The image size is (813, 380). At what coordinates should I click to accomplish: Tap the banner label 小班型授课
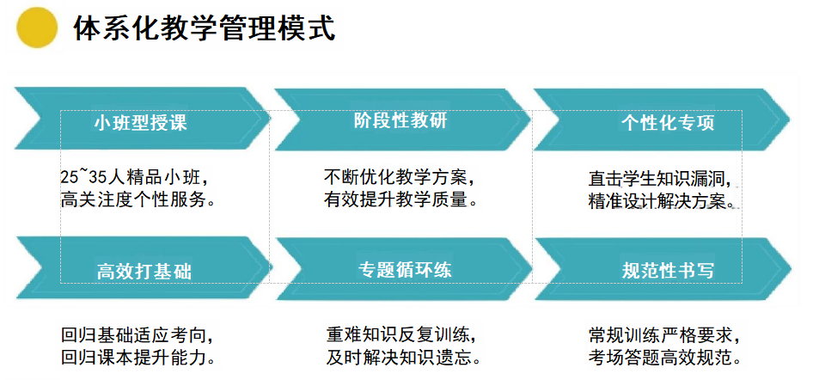[x=140, y=123]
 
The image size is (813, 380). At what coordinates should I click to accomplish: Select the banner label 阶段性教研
[x=400, y=121]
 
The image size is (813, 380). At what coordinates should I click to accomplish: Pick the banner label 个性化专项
[x=668, y=123]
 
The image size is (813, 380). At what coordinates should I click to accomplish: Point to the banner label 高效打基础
[x=144, y=271]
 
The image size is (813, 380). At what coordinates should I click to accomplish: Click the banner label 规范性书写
[x=668, y=271]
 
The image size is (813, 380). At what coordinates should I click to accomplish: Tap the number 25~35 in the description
[x=83, y=177]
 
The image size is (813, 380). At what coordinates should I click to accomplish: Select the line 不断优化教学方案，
[x=400, y=177]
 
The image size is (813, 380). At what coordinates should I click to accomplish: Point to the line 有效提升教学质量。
[x=400, y=199]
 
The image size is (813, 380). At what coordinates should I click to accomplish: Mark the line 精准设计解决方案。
[x=664, y=201]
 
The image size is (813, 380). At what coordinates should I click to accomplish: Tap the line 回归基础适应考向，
[x=137, y=334]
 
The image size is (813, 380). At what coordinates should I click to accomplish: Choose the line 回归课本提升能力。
[x=138, y=357]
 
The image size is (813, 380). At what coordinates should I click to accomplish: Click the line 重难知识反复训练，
[x=400, y=334]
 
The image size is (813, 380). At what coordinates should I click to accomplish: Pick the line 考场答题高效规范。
[x=664, y=357]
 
